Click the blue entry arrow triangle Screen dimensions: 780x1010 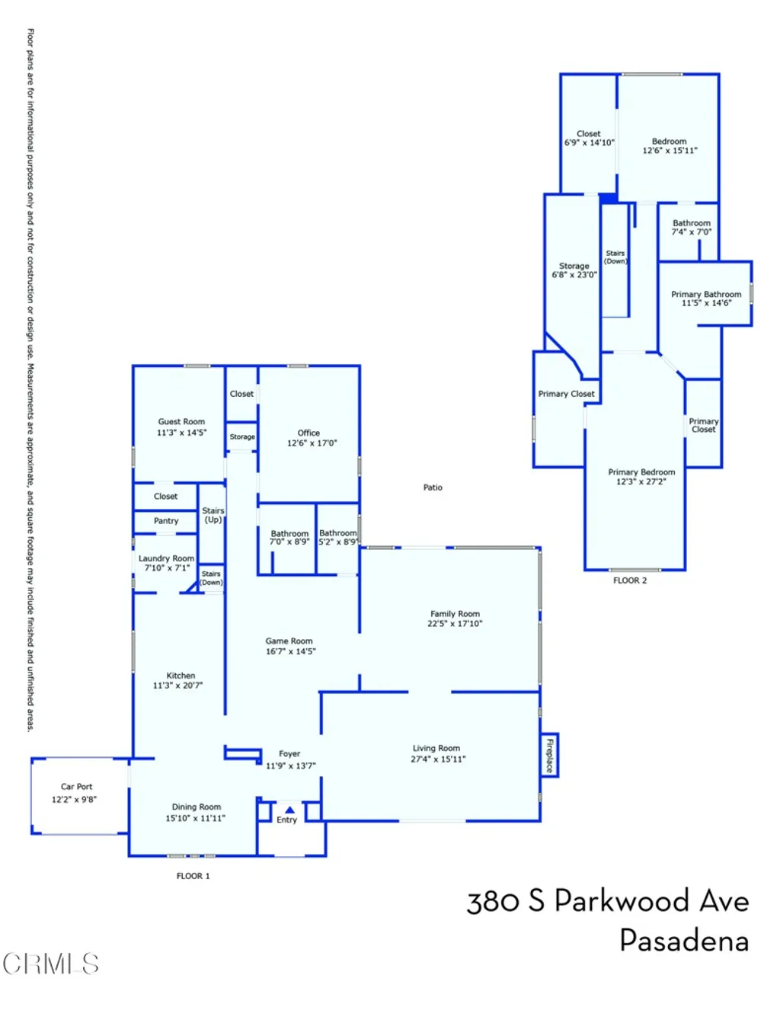(x=289, y=810)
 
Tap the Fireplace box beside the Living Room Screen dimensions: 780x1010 (x=549, y=755)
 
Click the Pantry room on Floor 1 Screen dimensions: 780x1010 (x=165, y=522)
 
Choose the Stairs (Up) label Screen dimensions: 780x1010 (x=213, y=515)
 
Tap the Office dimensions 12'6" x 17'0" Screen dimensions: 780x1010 (x=312, y=443)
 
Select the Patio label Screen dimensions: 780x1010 (x=433, y=487)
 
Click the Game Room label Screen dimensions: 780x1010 (x=289, y=641)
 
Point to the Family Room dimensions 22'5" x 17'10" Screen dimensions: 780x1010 (x=455, y=623)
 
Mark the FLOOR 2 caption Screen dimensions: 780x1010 (x=630, y=580)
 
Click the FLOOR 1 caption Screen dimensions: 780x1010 (x=193, y=876)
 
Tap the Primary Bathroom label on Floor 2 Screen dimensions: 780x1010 (x=706, y=294)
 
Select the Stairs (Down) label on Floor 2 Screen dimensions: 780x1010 (x=615, y=257)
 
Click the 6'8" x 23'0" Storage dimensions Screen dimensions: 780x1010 (x=574, y=275)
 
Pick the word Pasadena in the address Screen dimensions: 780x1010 (x=684, y=940)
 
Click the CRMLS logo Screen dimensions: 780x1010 (x=51, y=963)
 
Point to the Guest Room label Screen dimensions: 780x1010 (x=181, y=421)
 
